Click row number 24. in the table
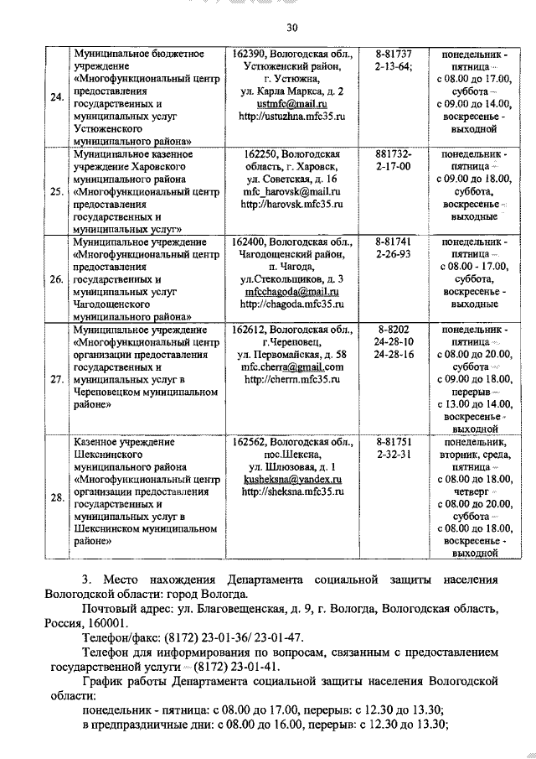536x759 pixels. pos(57,97)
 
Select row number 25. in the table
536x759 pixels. pos(57,191)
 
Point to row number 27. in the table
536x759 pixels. pos(57,379)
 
